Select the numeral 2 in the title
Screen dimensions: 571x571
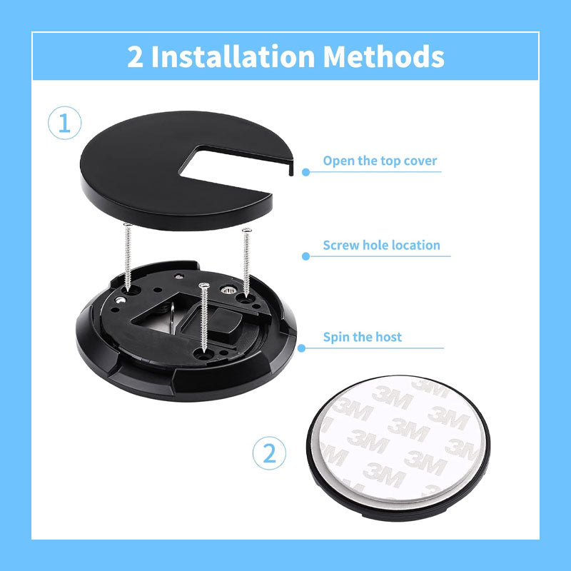pyautogui.click(x=135, y=56)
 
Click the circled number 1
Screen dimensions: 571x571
pyautogui.click(x=64, y=123)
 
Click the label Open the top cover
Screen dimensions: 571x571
pyautogui.click(x=380, y=161)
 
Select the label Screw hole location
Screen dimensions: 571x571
pyautogui.click(x=381, y=245)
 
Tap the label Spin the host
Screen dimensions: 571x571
pyautogui.click(x=363, y=336)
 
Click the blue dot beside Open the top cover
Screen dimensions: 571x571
pyautogui.click(x=305, y=171)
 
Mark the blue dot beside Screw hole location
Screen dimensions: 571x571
pyautogui.click(x=305, y=256)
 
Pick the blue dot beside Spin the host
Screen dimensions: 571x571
pyautogui.click(x=302, y=348)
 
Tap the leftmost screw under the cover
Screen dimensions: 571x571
pyautogui.click(x=128, y=257)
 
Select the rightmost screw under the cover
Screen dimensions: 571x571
pyautogui.click(x=247, y=261)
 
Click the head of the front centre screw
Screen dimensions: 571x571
pyautogui.click(x=205, y=285)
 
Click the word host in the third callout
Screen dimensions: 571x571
pyautogui.click(x=389, y=336)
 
